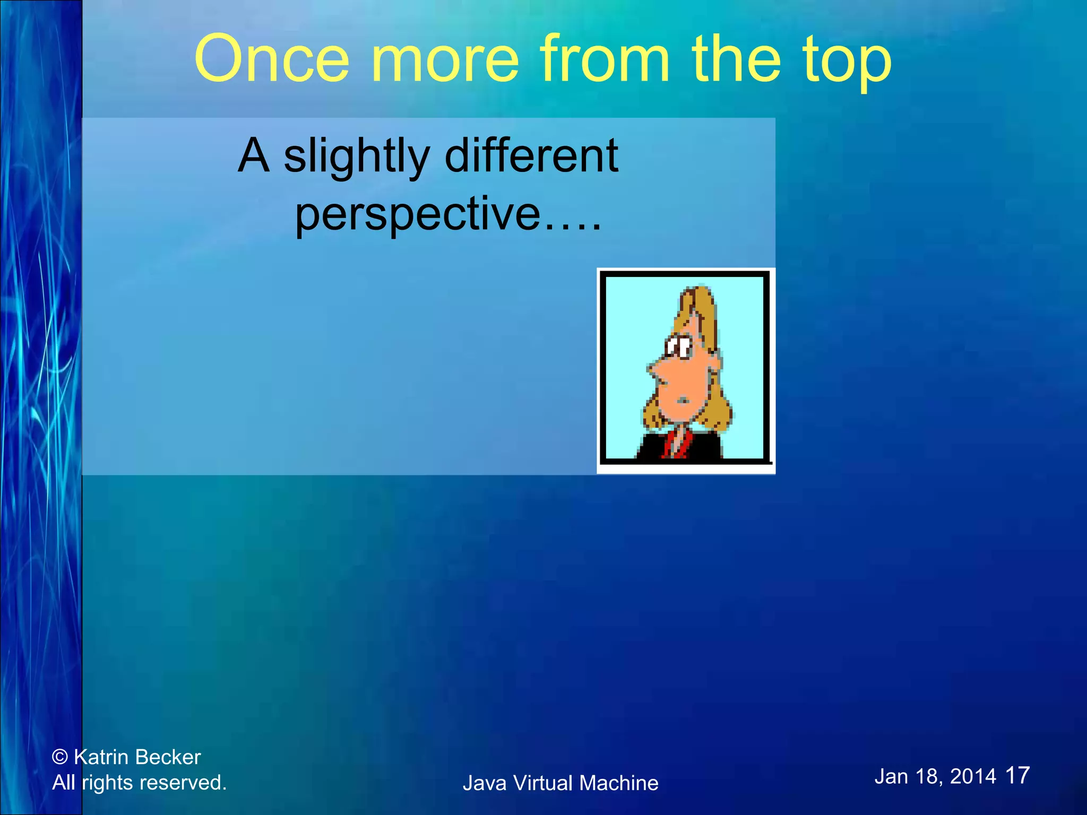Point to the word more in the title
click(x=444, y=59)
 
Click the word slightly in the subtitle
click(x=356, y=157)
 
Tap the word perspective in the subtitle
click(x=418, y=215)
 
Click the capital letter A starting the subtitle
click(x=253, y=155)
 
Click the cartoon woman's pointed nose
click(x=653, y=371)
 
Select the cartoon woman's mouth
click(x=684, y=401)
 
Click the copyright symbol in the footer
click(x=60, y=757)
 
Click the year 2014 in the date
click(x=973, y=776)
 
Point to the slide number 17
click(x=1017, y=775)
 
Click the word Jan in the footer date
click(x=891, y=776)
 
